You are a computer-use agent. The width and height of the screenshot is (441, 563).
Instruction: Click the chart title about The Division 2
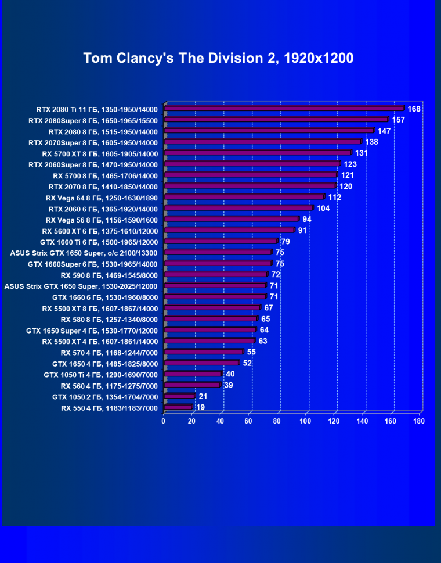point(218,59)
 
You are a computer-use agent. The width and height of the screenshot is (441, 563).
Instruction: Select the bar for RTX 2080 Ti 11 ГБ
point(284,109)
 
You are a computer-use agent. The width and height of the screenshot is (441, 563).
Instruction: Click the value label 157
point(398,120)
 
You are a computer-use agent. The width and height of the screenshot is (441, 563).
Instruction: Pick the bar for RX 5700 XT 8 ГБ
point(258,153)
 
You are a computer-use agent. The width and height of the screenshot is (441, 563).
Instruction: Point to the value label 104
point(323,209)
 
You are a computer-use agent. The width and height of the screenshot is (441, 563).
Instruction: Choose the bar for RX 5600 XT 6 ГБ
point(229,231)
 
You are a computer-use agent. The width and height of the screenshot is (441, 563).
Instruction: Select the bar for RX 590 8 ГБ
point(216,274)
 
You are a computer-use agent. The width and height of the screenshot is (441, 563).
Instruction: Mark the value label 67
point(269,307)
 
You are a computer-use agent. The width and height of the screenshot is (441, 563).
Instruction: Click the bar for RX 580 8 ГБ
point(211,319)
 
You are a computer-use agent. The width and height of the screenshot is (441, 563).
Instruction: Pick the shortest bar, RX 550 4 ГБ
point(178,407)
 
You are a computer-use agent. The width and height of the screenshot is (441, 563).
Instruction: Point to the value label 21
point(203,396)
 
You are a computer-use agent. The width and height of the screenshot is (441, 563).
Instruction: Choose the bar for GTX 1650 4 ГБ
point(201,363)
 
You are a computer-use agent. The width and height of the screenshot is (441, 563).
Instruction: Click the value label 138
point(371,142)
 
